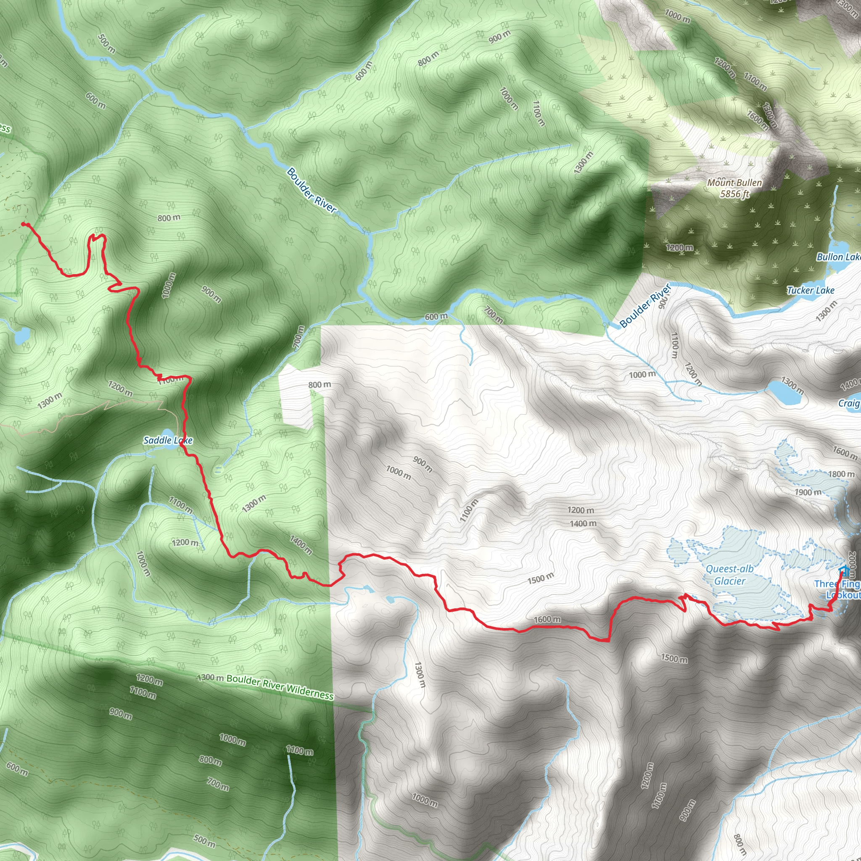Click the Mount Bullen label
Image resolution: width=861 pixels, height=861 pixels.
(x=734, y=183)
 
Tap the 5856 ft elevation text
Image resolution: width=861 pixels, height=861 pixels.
(x=734, y=194)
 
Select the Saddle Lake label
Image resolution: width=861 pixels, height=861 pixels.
(x=168, y=440)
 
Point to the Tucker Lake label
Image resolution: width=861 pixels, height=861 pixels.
(x=810, y=291)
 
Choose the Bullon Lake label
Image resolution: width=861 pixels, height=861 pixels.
(x=838, y=257)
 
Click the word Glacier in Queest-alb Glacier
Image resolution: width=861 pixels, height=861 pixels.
(x=729, y=581)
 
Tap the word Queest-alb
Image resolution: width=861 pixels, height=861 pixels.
(x=729, y=569)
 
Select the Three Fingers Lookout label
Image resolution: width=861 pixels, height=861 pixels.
(x=838, y=589)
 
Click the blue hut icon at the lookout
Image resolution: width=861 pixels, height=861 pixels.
(x=844, y=570)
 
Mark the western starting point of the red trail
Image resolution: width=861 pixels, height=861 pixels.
(x=23, y=224)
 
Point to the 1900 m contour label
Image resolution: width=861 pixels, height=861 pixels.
(x=808, y=492)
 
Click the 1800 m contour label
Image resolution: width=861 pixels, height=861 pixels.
(x=841, y=474)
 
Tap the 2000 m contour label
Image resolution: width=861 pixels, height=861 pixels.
(x=852, y=565)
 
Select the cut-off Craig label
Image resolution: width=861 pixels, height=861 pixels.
(x=849, y=403)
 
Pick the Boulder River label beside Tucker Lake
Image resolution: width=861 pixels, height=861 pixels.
(x=645, y=305)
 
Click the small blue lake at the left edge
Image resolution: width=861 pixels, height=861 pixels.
(x=21, y=335)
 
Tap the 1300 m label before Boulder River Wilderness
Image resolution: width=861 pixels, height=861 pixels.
(x=210, y=678)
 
